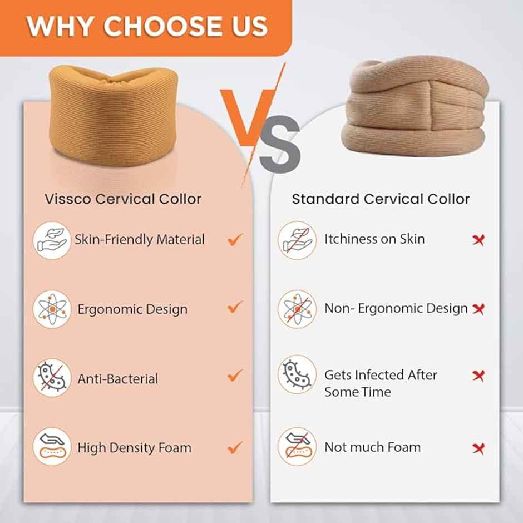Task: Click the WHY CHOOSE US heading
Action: [147, 26]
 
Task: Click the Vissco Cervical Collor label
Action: [123, 199]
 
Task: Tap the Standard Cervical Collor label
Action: [381, 199]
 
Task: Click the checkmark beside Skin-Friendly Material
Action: [235, 240]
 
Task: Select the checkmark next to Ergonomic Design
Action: [235, 307]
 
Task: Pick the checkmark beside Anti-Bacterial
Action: [235, 376]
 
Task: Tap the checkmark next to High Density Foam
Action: [235, 446]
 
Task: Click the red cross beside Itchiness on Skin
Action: [478, 240]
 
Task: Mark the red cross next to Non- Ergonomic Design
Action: [478, 308]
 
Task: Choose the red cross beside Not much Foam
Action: [478, 448]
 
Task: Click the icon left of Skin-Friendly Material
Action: [52, 240]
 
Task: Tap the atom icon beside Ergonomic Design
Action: [52, 309]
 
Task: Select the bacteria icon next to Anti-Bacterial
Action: [52, 378]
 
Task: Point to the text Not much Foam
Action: [373, 447]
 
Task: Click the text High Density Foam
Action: [134, 447]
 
